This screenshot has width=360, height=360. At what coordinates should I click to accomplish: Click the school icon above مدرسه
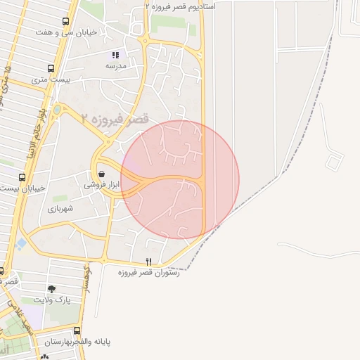pos(116,54)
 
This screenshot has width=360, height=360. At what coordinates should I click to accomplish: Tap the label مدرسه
pos(116,65)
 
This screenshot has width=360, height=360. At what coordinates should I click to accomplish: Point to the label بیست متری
pos(48,80)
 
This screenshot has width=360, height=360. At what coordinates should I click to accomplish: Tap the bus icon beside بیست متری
pos(51,69)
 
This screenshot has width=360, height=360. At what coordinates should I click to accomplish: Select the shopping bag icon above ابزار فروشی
pos(102,174)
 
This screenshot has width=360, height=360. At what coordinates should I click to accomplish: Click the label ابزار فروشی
pos(102,185)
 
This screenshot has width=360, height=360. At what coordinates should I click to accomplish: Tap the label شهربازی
pos(65,209)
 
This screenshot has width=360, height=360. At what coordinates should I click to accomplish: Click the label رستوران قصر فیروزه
pos(148,272)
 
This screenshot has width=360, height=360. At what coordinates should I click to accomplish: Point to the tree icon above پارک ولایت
pos(51,288)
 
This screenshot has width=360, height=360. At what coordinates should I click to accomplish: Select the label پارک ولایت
pos(51,300)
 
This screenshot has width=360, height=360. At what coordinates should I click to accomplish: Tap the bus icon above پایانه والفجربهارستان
pos(77,330)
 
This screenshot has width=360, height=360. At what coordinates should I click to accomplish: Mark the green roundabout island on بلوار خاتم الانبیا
pos(57,110)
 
